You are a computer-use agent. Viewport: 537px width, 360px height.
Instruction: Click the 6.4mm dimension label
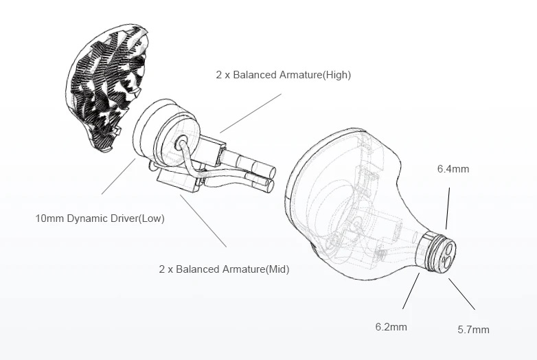pyautogui.click(x=453, y=169)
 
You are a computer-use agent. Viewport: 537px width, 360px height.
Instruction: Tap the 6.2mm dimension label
pyautogui.click(x=391, y=327)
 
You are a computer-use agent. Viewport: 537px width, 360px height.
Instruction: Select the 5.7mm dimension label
pyautogui.click(x=473, y=330)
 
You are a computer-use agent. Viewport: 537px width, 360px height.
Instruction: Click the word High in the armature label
pyautogui.click(x=336, y=75)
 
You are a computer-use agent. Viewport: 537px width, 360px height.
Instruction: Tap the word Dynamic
pyautogui.click(x=86, y=218)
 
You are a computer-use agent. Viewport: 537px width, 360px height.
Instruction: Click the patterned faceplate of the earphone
pyautogui.click(x=107, y=87)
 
